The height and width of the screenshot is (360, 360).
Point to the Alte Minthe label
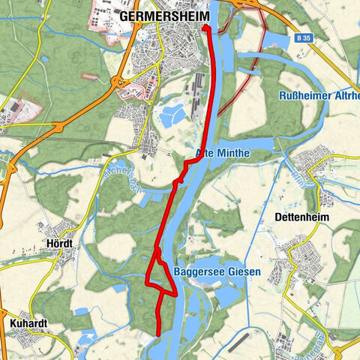point(222,153)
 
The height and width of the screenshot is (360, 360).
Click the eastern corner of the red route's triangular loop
point(175,295)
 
